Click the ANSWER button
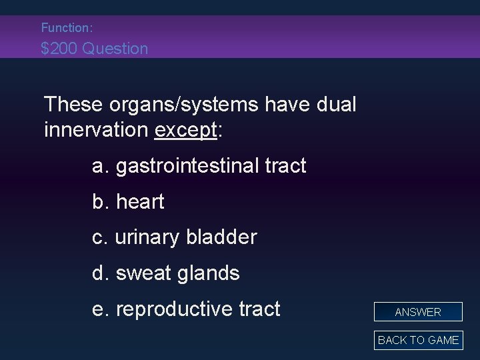click(418, 312)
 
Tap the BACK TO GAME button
click(418, 340)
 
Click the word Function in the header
click(66, 28)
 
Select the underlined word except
click(185, 129)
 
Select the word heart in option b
click(139, 202)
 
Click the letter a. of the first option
click(101, 166)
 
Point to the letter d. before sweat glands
click(101, 273)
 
